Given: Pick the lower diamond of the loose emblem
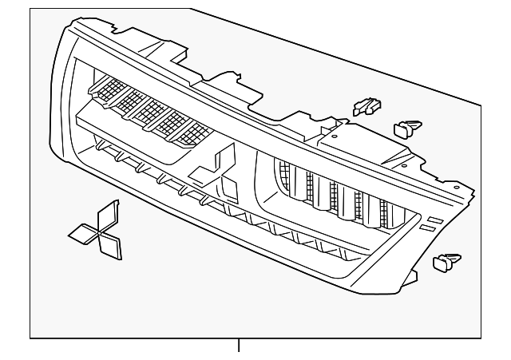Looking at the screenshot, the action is tap(110, 246).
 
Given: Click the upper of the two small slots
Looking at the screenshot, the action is tap(434, 219).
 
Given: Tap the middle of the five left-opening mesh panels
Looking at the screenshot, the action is tap(148, 109).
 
